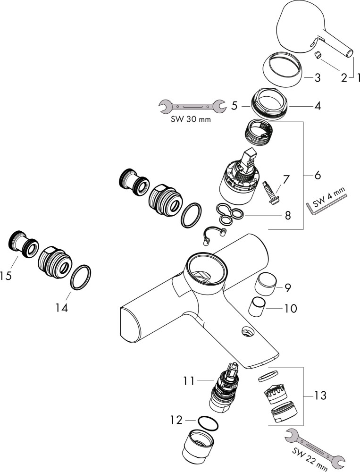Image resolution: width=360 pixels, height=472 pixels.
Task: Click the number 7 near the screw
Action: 286,179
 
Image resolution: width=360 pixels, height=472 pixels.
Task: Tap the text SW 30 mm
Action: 191,120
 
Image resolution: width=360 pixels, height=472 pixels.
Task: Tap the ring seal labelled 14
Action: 81,277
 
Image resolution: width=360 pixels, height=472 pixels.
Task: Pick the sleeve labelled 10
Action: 258,308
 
